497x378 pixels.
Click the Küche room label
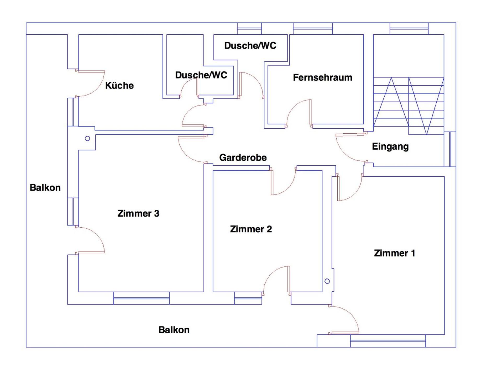[x=119, y=85]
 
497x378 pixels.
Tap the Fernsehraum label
[x=322, y=78]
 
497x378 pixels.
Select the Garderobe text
[x=243, y=157]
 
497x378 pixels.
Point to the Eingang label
[x=390, y=147]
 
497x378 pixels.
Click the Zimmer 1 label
[x=395, y=253]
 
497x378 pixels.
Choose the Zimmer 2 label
[x=251, y=229]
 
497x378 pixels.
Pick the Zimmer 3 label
[x=138, y=213]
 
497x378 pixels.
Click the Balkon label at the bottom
[x=174, y=330]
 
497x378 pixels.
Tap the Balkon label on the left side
[x=45, y=187]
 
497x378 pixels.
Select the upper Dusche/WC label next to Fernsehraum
[x=250, y=45]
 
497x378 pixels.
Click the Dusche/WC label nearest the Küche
[x=201, y=75]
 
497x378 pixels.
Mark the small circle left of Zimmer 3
[x=88, y=138]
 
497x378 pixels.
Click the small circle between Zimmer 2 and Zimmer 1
[x=327, y=281]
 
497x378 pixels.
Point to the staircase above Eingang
[x=409, y=106]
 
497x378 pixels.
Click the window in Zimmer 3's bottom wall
[x=141, y=298]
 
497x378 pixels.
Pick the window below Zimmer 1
[x=388, y=341]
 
